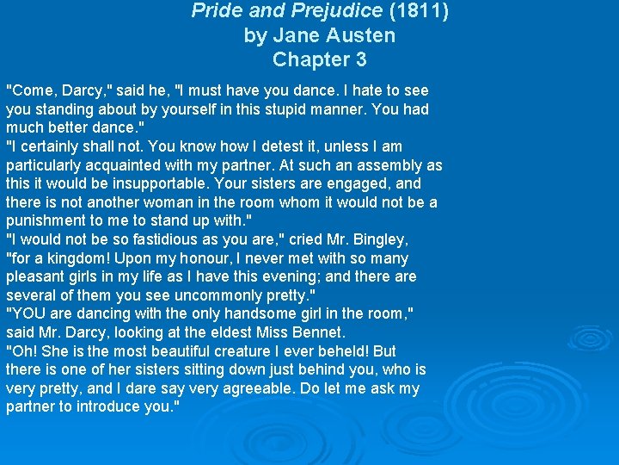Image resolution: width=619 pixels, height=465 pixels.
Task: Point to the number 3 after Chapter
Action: [361, 59]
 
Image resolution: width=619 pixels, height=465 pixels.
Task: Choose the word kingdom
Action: [74, 258]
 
